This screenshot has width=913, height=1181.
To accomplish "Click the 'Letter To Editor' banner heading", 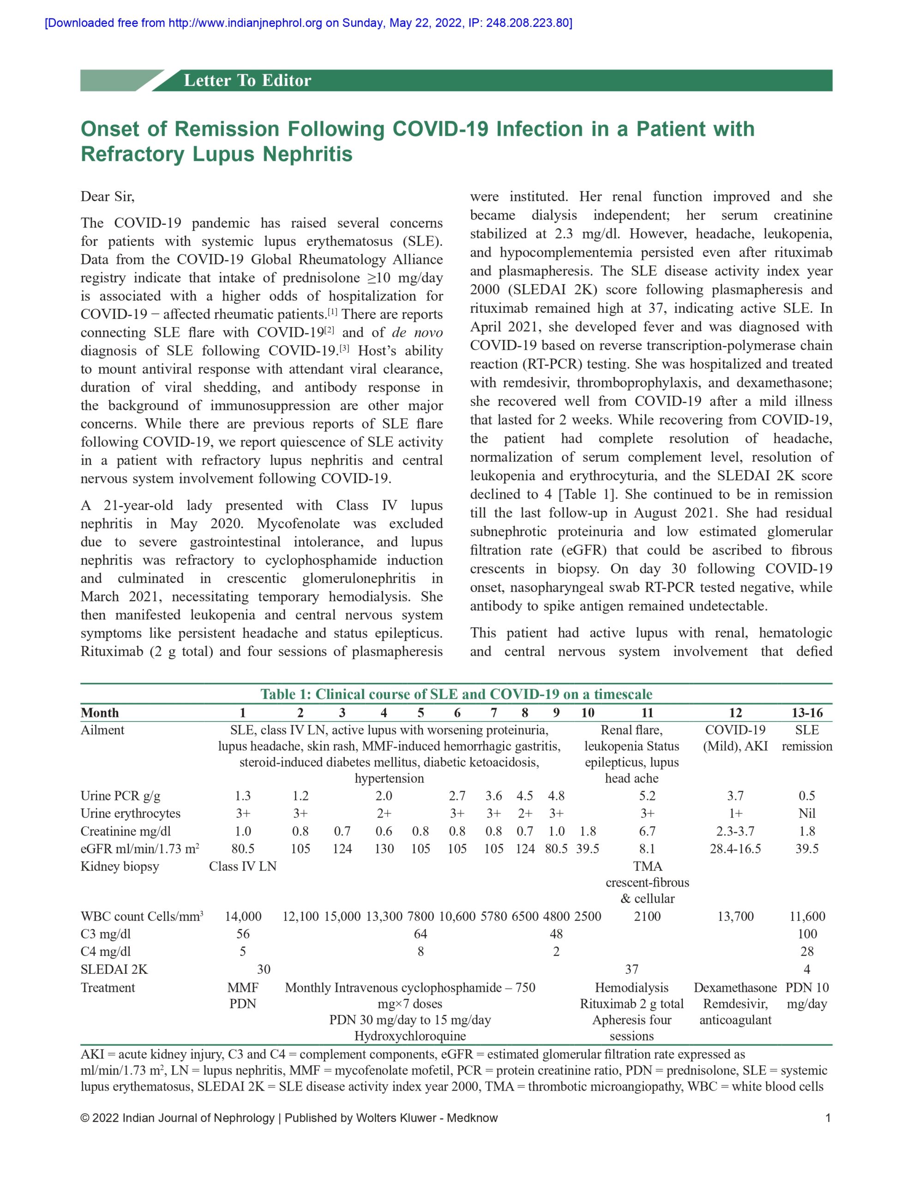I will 247,81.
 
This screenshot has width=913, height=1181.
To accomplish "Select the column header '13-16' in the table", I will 806,713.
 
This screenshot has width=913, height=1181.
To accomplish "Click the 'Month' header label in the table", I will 100,713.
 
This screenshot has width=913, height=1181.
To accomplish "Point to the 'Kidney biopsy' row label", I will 120,866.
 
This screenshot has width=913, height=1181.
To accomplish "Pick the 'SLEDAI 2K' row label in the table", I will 114,969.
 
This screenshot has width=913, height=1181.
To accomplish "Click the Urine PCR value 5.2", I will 647,795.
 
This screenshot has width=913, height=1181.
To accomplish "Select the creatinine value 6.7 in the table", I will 647,831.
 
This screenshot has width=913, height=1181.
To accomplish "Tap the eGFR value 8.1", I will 647,848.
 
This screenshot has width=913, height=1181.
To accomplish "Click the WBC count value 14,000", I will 243,916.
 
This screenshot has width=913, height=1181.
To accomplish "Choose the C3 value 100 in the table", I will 806,934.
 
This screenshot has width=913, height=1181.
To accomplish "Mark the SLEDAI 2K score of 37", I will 631,969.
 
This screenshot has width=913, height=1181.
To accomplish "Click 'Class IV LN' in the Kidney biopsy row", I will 242,866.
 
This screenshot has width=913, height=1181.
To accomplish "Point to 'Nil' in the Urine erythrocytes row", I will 806,813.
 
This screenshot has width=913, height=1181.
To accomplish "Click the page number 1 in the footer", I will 828,1118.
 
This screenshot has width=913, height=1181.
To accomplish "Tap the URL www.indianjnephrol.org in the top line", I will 245,23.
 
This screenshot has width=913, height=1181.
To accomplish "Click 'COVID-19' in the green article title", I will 440,129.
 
